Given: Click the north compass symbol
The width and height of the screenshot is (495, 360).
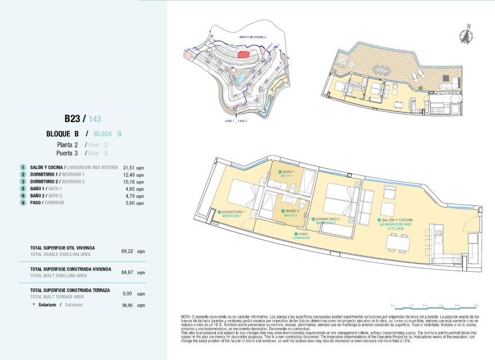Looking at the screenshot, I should (465, 35).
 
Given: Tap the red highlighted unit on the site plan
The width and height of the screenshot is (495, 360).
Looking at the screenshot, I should (243, 54).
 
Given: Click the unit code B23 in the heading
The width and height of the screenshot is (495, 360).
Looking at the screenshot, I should (73, 119).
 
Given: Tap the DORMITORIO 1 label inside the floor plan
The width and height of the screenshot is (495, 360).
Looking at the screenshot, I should (232, 214).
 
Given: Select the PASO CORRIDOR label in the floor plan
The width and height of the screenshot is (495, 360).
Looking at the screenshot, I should (301, 236).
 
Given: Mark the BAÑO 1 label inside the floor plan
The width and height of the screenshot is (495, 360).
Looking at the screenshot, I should (289, 173).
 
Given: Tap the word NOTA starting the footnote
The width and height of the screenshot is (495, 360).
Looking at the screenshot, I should (187, 317).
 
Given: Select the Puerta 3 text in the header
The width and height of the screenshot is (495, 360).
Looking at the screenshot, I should (66, 153).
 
